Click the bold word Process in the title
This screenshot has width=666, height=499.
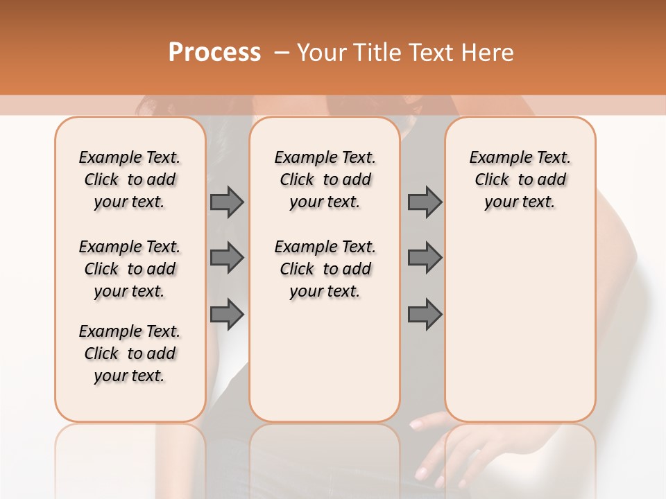click(214, 53)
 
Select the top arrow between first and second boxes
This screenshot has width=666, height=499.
click(227, 202)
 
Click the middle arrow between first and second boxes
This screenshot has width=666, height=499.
click(227, 258)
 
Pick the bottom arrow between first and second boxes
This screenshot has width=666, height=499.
click(227, 314)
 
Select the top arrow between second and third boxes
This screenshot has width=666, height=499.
click(425, 202)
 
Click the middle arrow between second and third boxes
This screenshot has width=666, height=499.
click(425, 258)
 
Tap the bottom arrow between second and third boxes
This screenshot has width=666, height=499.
click(425, 314)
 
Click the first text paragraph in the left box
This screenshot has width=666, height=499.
click(130, 180)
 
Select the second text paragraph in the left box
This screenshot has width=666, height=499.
click(130, 269)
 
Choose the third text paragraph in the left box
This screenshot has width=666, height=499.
click(130, 353)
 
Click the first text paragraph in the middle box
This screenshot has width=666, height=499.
click(325, 180)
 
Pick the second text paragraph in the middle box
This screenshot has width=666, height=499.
click(325, 269)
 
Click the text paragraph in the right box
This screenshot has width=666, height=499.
click(520, 180)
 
